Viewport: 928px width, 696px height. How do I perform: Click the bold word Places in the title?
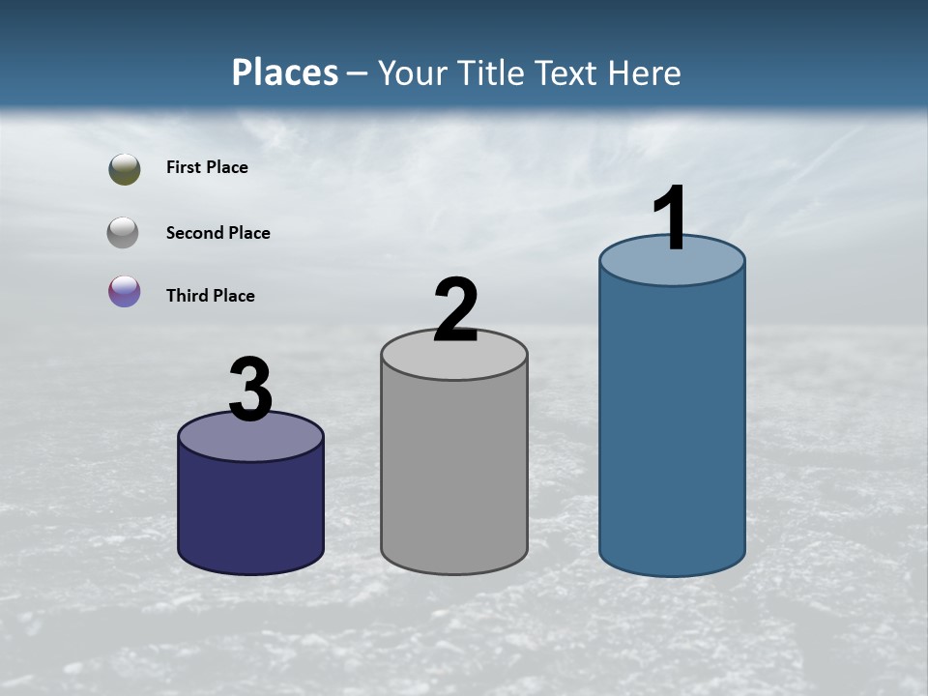click(x=285, y=72)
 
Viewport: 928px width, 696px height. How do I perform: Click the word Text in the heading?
click(x=570, y=72)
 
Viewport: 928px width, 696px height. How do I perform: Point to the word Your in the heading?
click(x=412, y=72)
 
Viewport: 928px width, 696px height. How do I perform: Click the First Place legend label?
click(x=207, y=167)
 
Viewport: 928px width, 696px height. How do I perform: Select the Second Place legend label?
click(x=217, y=233)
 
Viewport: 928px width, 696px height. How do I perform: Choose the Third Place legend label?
click(x=210, y=296)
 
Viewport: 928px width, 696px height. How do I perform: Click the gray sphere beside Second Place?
click(x=123, y=232)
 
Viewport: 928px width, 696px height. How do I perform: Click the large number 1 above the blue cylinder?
click(x=671, y=218)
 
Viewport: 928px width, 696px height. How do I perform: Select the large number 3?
click(x=250, y=390)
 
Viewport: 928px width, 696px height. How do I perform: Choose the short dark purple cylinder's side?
click(x=250, y=507)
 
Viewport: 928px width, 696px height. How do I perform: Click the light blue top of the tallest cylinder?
click(x=672, y=267)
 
